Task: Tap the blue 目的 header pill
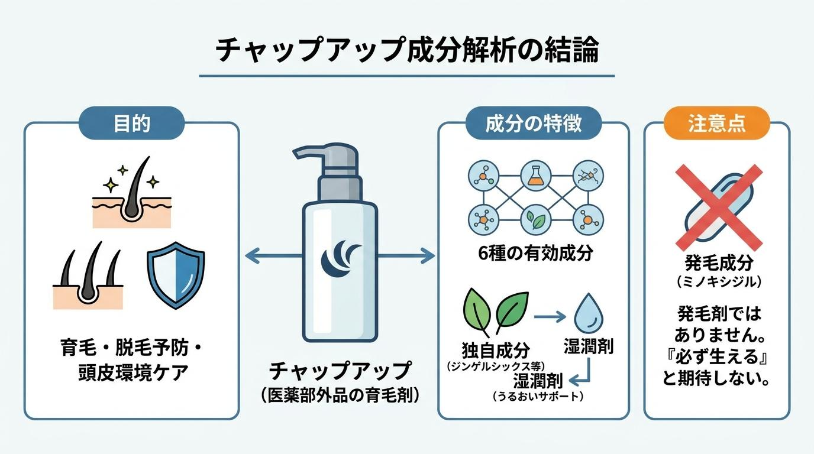click(x=131, y=123)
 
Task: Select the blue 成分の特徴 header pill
click(x=534, y=123)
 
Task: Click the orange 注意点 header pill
click(x=716, y=123)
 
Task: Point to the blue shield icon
click(x=176, y=275)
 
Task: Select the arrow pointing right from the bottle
click(x=406, y=256)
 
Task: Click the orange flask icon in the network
click(x=535, y=176)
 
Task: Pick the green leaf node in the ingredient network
click(x=535, y=220)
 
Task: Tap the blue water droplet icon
click(x=589, y=312)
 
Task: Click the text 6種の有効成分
click(x=535, y=253)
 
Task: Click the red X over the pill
click(x=719, y=206)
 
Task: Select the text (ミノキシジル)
click(x=719, y=282)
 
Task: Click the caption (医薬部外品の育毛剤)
click(x=340, y=395)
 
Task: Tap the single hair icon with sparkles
click(x=131, y=193)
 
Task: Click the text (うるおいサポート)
click(x=538, y=396)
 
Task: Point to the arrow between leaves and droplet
click(x=550, y=317)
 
